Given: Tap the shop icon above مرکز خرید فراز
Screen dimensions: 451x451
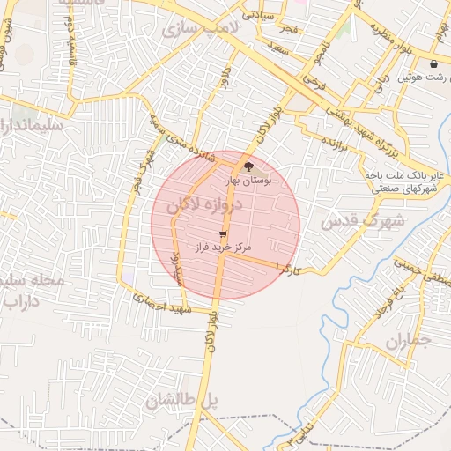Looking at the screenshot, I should (222, 235).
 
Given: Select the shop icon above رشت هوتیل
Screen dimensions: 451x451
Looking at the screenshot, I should (434, 64).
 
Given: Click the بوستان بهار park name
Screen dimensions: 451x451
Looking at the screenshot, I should (249, 180).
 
